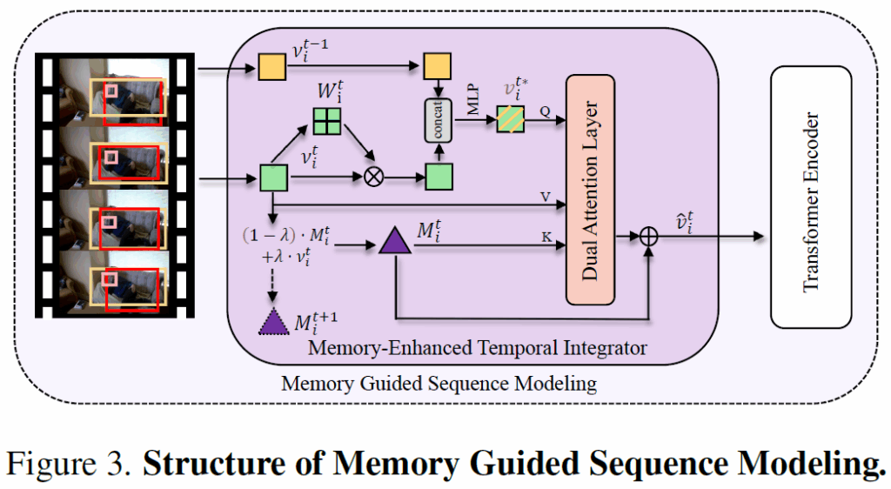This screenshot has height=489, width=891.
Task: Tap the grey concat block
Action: pos(437,123)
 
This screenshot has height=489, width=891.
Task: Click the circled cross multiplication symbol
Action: pos(373,178)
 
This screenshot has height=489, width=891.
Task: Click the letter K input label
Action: pos(546,235)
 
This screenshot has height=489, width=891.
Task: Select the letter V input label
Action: pos(546,197)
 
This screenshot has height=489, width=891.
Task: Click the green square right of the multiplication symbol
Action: pos(437,178)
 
